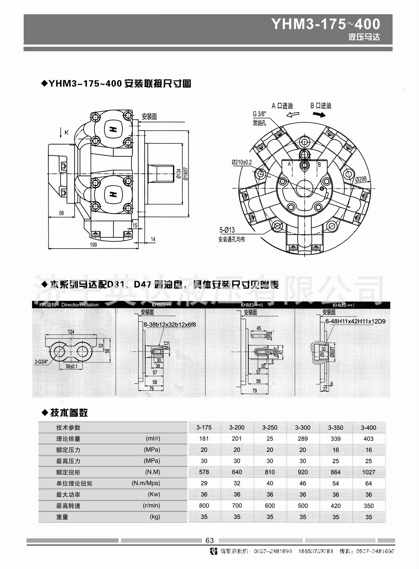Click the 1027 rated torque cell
(x=368, y=472)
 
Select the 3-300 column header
(x=303, y=428)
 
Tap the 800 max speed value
(x=204, y=506)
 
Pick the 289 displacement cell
(x=303, y=439)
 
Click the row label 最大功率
(x=68, y=495)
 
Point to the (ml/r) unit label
(x=153, y=438)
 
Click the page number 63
(x=210, y=541)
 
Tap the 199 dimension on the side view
(x=93, y=245)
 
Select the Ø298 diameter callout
(x=361, y=179)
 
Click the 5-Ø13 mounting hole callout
(x=227, y=230)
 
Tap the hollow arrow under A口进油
(x=293, y=115)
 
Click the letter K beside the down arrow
(x=67, y=132)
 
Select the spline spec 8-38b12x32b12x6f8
(x=170, y=325)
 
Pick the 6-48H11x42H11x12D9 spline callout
(x=355, y=322)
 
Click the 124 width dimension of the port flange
(x=71, y=332)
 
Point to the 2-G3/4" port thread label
(x=41, y=362)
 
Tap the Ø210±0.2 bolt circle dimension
(x=242, y=162)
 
